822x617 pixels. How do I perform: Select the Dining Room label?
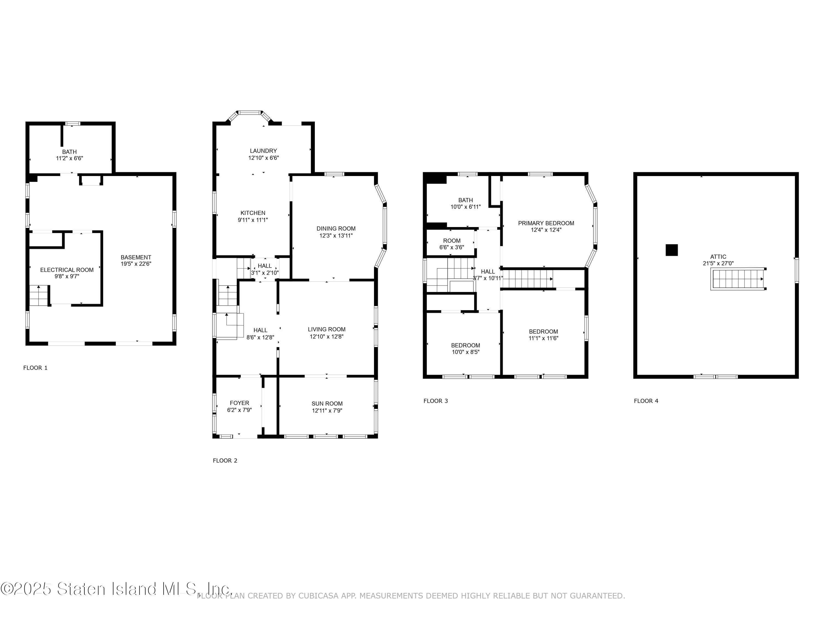pyautogui.click(x=336, y=229)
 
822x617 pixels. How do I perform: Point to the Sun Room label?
pyautogui.click(x=327, y=404)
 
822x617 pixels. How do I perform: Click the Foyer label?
pyautogui.click(x=239, y=403)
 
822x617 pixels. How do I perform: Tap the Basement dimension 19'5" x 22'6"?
pyautogui.click(x=136, y=264)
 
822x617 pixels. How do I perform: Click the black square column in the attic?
pyautogui.click(x=672, y=250)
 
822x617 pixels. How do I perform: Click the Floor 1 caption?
pyautogui.click(x=35, y=368)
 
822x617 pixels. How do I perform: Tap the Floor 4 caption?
pyautogui.click(x=646, y=401)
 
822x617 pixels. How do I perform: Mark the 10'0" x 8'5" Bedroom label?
pyautogui.click(x=465, y=346)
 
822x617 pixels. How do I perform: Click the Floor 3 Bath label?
pyautogui.click(x=465, y=200)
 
